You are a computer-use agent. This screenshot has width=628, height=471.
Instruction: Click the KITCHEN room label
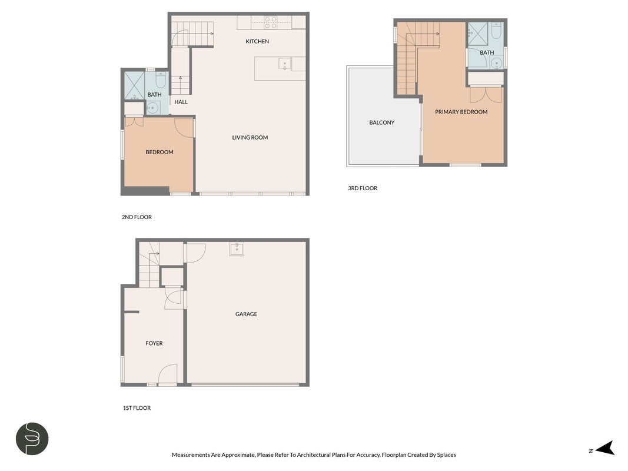click(x=257, y=41)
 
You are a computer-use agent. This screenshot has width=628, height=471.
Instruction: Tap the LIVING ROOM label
click(x=250, y=137)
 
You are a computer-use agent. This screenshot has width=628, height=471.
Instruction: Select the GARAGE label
click(x=246, y=314)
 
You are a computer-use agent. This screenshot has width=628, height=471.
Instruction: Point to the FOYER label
click(x=154, y=343)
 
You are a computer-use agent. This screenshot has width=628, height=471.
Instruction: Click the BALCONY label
click(x=382, y=122)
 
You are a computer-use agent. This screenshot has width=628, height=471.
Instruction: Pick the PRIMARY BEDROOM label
click(x=461, y=112)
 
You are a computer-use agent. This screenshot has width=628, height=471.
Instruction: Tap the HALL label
click(x=181, y=102)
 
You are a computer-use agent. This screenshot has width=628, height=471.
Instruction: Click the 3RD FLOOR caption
click(x=363, y=188)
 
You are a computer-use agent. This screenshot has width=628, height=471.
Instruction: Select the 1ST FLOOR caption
click(x=137, y=408)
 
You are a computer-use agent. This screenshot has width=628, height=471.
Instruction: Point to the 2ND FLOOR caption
click(x=137, y=217)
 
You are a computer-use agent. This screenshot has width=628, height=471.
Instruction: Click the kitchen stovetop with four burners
click(x=271, y=22)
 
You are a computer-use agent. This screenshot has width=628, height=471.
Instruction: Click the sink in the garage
click(x=237, y=249)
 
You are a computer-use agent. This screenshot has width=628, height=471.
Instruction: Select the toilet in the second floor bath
click(x=161, y=80)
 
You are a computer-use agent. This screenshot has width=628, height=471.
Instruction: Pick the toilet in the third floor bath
click(x=496, y=31)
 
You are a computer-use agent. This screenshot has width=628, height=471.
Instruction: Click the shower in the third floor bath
click(x=477, y=33)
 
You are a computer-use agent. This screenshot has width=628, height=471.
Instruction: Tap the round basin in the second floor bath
click(x=152, y=107)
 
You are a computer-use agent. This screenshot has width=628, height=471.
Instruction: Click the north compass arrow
click(x=605, y=448)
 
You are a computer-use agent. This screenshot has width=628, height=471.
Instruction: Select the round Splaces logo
click(x=32, y=439)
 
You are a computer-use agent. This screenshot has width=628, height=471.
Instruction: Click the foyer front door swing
click(x=168, y=374)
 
